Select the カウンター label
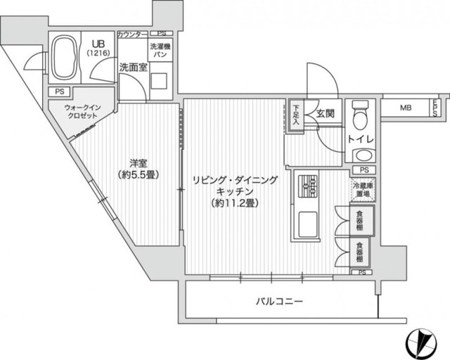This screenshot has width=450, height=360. tap(132, 34)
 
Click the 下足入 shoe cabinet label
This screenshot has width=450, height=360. tap(297, 113)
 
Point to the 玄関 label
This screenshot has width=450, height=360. tap(324, 112)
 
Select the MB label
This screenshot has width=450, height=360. tap(406, 108)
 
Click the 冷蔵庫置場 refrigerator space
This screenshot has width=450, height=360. tap(363, 189)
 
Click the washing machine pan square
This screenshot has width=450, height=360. tap(159, 79)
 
